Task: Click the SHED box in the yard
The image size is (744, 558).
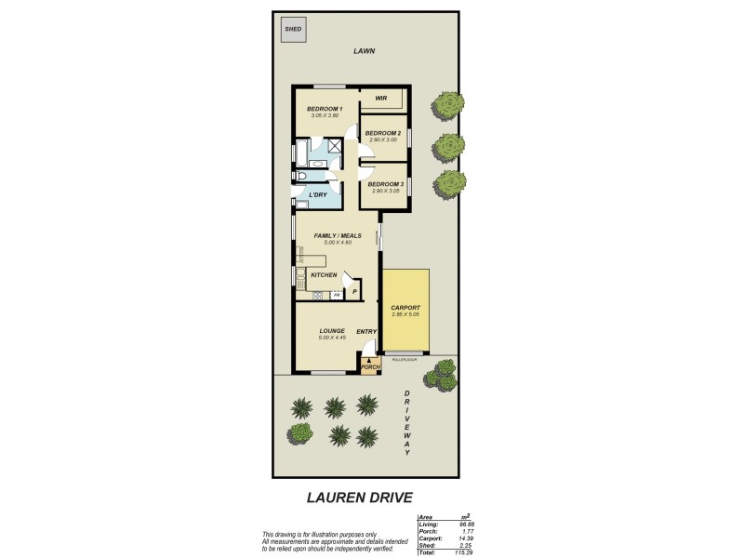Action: pos(293,30)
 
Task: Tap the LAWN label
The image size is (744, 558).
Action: pos(364,51)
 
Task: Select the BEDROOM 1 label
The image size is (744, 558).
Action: pos(325,109)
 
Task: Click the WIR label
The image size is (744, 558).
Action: pos(380,98)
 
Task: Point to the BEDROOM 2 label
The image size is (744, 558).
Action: pos(382,133)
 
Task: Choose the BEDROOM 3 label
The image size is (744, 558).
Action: pos(384,184)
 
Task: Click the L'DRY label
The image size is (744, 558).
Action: pos(318,194)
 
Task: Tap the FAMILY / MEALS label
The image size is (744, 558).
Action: pos(337,235)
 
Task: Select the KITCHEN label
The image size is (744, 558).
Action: pos(323,275)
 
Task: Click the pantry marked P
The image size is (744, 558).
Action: pos(353,292)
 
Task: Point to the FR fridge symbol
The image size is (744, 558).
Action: pos(337,295)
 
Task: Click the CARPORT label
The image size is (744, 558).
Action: pos(405,308)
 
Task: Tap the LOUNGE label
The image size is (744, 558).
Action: pos(332,330)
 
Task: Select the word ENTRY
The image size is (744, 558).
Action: pos(366,331)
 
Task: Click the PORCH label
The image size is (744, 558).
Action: pos(371,366)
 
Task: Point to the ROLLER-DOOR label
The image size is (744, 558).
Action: pos(405,358)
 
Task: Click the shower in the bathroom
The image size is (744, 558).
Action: pos(331,148)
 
